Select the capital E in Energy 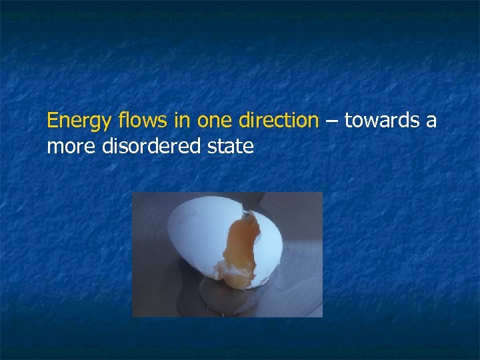pyautogui.click(x=52, y=121)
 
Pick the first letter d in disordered pyautogui.click(x=105, y=146)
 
